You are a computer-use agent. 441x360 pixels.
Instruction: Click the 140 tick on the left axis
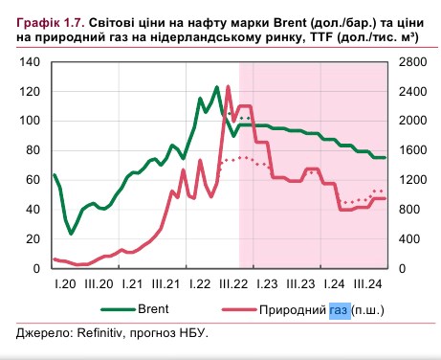pyautogui.click(x=29, y=61)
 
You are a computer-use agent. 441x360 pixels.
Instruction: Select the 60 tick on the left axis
pyautogui.click(x=32, y=179)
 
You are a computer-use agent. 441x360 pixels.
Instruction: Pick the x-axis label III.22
pyautogui.click(x=234, y=283)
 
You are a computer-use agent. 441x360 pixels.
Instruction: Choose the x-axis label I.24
pyautogui.click(x=335, y=283)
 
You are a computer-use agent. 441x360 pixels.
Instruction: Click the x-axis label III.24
pyautogui.click(x=371, y=283)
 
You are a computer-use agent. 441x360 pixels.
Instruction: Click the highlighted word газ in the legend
pyautogui.click(x=339, y=311)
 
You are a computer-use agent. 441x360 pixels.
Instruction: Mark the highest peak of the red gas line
pyautogui.click(x=228, y=87)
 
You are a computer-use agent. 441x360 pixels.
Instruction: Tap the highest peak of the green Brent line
pyautogui.click(x=217, y=87)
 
